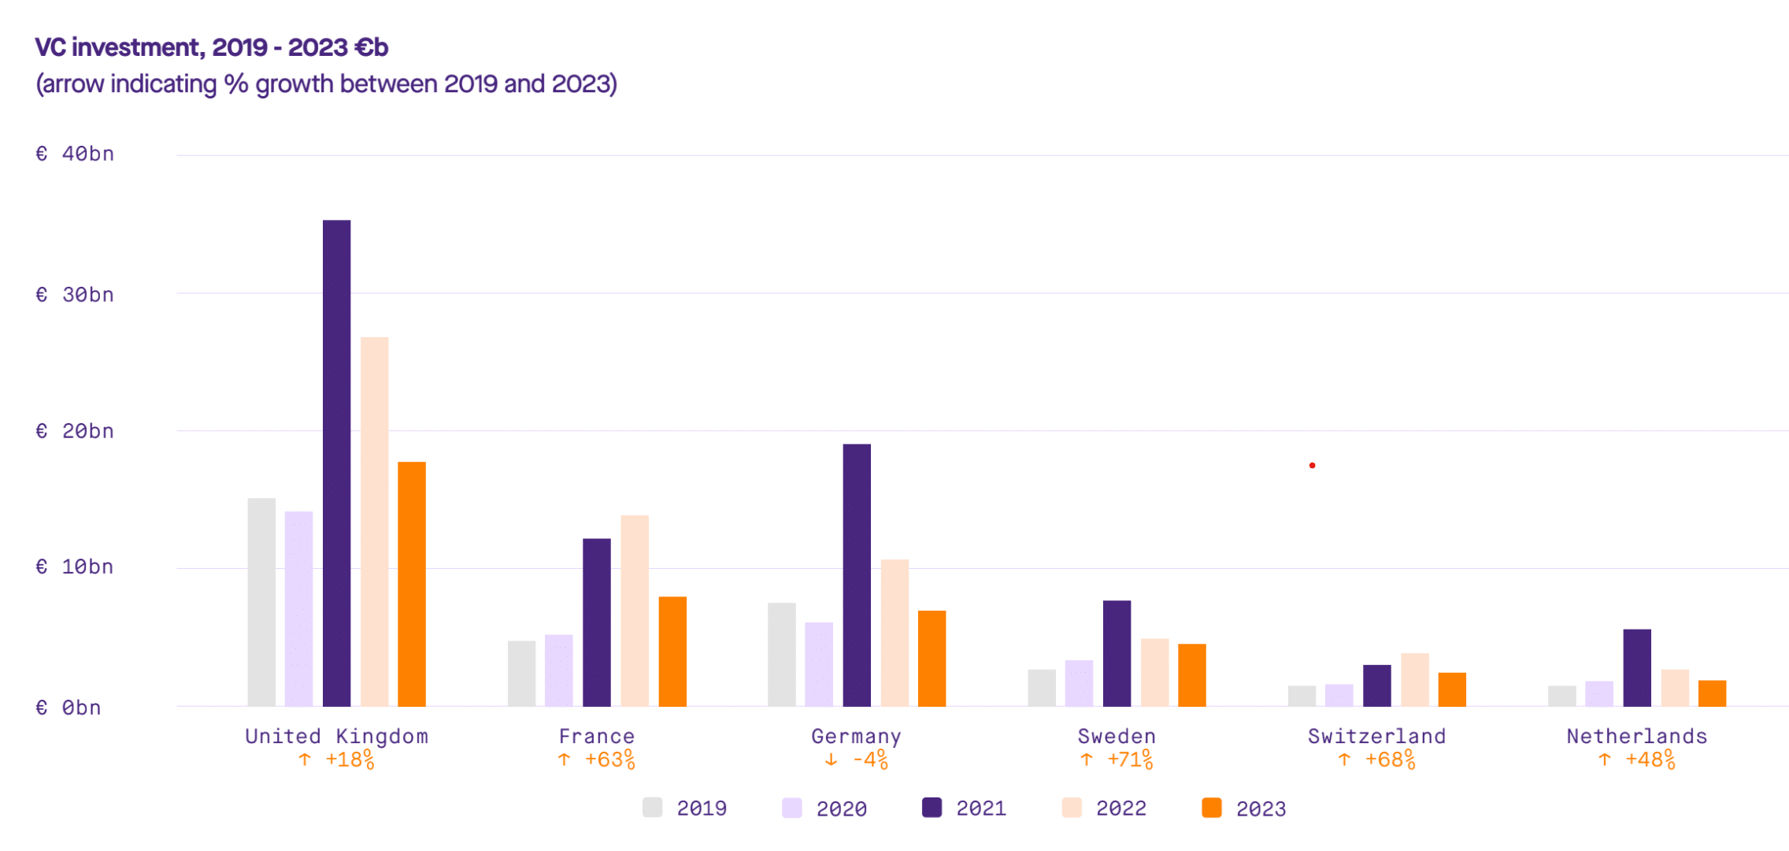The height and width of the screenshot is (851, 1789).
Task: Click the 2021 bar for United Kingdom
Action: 336,463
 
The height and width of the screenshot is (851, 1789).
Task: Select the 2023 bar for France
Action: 672,652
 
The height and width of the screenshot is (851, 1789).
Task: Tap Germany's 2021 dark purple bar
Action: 857,575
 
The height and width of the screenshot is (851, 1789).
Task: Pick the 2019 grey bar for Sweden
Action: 1042,688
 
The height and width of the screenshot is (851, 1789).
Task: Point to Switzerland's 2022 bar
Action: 1415,680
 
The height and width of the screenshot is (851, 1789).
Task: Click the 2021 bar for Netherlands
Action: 1637,668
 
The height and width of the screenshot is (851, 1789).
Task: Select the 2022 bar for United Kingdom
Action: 375,522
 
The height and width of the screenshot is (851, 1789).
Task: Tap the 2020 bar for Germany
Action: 819,664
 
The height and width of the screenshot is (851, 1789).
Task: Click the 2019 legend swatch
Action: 652,808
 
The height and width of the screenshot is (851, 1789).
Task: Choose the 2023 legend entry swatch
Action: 1212,808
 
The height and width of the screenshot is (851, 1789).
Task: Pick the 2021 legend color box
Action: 932,808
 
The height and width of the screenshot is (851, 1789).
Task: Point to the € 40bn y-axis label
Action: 75,154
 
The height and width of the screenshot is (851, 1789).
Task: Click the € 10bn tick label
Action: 75,567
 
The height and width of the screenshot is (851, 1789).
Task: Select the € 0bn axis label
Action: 69,708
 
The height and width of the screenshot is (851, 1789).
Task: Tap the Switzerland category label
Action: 1377,736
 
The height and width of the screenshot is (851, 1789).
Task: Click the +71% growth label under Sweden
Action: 1130,760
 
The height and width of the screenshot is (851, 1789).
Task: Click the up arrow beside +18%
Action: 305,760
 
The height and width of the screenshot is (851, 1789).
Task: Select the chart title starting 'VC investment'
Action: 212,47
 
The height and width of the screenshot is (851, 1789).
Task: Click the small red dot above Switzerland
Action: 1312,466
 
